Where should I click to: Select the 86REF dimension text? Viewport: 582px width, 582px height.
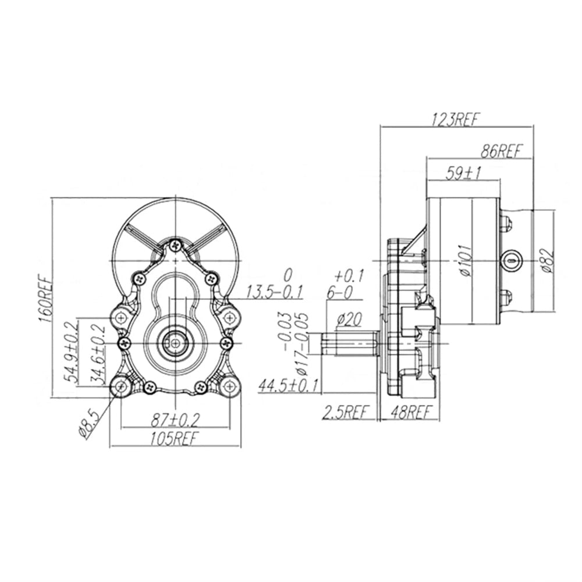(x=501, y=151)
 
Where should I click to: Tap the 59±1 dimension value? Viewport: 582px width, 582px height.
(x=463, y=173)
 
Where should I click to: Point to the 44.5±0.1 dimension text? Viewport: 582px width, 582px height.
(x=289, y=386)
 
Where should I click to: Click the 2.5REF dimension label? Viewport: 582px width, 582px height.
(x=347, y=412)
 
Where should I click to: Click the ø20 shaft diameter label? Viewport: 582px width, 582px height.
(x=349, y=319)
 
